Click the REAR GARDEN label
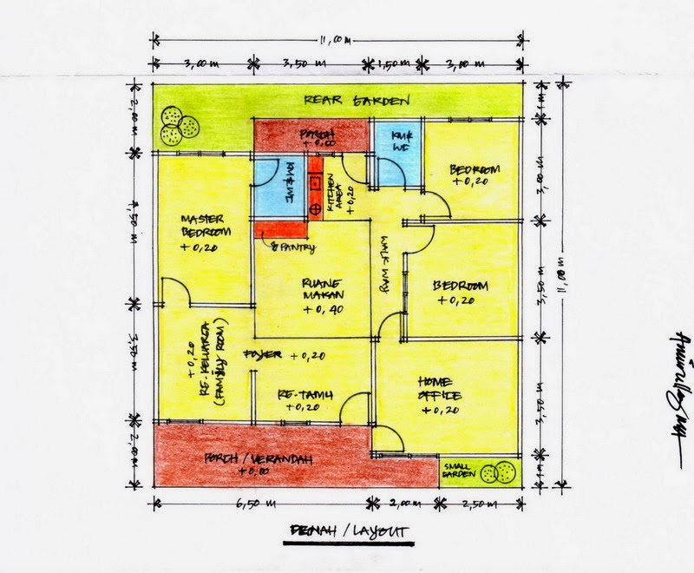pos(356,100)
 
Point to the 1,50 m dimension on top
pos(398,63)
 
